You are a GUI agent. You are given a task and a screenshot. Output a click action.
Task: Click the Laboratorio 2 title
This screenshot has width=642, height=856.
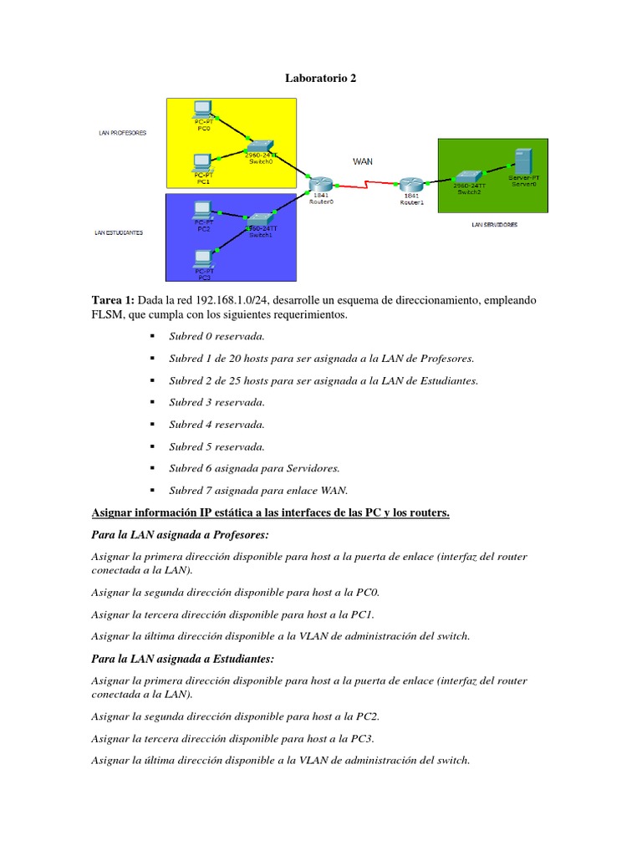(x=320, y=79)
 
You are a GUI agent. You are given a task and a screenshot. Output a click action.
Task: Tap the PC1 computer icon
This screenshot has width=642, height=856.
(x=202, y=160)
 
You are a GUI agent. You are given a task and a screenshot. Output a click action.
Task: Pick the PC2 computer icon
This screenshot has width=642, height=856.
(x=201, y=209)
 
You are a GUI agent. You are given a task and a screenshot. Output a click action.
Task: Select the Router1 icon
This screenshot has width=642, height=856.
(x=410, y=184)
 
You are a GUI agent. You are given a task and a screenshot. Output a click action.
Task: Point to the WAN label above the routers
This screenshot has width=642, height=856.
(x=363, y=161)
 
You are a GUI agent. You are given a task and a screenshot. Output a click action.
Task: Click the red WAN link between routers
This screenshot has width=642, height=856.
(x=365, y=186)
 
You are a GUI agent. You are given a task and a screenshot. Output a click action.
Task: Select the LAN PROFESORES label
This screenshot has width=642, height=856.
(x=123, y=132)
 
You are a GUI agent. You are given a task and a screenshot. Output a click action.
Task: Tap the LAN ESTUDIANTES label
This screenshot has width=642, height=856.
(x=119, y=233)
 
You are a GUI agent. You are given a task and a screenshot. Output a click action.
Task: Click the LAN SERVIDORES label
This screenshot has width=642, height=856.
(x=494, y=225)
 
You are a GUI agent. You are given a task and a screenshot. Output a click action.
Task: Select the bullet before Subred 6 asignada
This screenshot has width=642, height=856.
(x=153, y=468)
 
